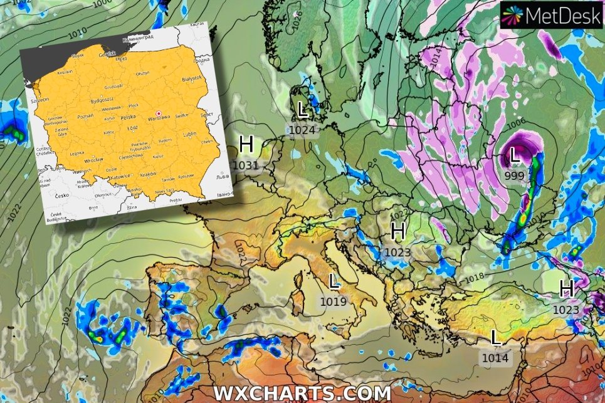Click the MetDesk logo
(x=552, y=14)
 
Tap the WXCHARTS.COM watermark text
(x=303, y=393)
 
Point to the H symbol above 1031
(x=246, y=145)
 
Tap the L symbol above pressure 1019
(x=334, y=282)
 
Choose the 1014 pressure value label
(x=496, y=358)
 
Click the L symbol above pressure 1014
(x=496, y=338)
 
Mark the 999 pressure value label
(x=514, y=175)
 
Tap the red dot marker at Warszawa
(x=158, y=113)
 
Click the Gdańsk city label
(x=107, y=55)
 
